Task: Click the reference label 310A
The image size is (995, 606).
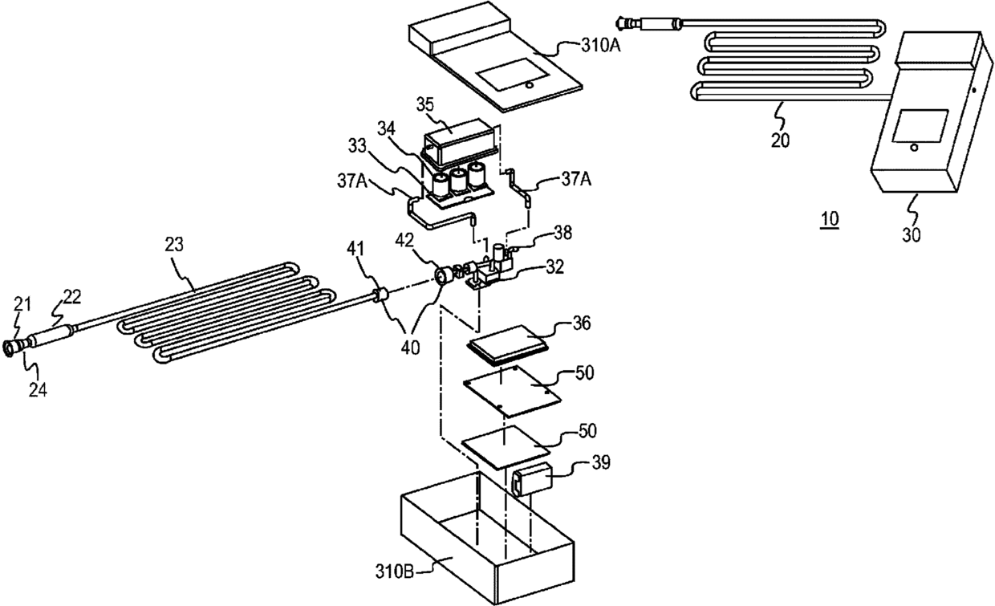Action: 600,45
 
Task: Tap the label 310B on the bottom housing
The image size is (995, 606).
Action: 395,571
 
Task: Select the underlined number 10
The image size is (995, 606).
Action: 830,219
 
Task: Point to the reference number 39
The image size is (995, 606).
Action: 601,462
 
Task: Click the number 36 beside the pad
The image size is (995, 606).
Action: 582,323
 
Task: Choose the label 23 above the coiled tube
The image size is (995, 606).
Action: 174,244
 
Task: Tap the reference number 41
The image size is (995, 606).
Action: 355,249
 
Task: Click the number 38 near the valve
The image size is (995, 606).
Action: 562,233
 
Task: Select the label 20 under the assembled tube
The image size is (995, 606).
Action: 781,140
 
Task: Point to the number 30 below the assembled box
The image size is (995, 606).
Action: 911,234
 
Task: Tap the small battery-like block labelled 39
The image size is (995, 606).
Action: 532,480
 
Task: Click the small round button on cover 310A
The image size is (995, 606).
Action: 529,84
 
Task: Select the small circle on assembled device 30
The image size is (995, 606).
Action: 914,147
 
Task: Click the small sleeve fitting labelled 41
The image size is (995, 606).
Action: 380,295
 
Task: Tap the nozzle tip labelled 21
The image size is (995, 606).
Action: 10,347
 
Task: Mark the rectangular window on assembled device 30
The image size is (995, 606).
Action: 920,126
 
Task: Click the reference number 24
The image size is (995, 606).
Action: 38,390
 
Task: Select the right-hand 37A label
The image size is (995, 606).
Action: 576,180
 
